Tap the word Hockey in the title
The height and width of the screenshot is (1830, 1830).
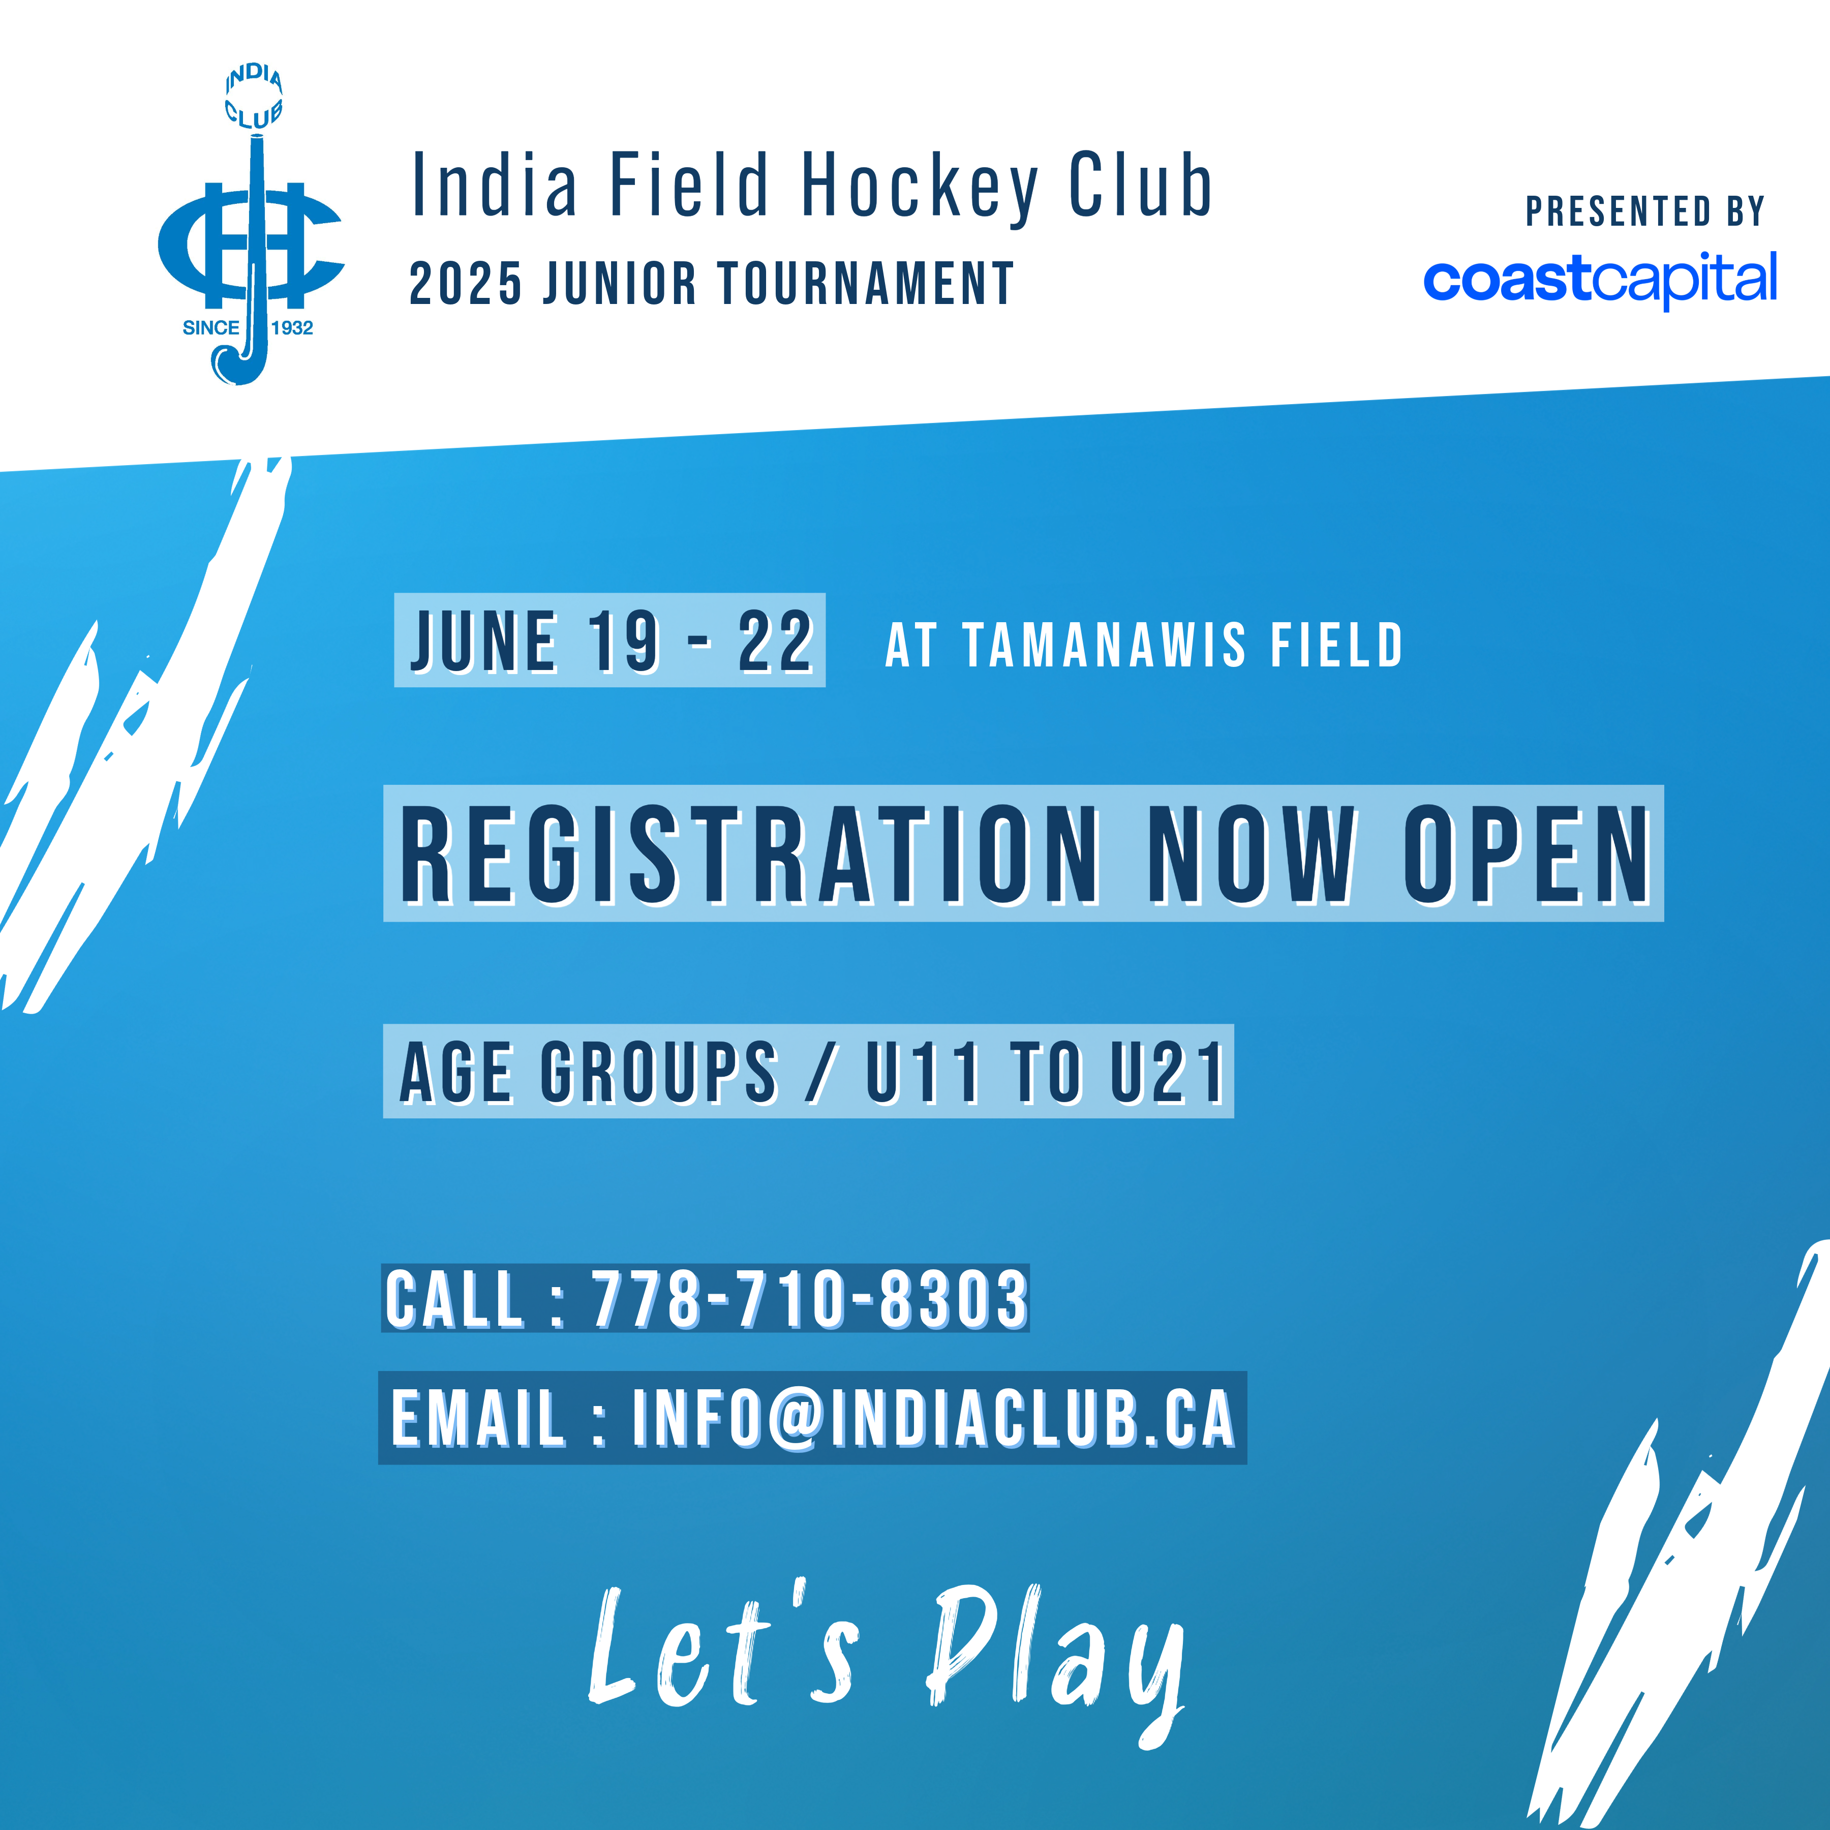[920, 187]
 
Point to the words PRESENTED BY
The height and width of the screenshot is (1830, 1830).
[1645, 211]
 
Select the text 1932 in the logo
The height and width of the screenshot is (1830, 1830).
[292, 328]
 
